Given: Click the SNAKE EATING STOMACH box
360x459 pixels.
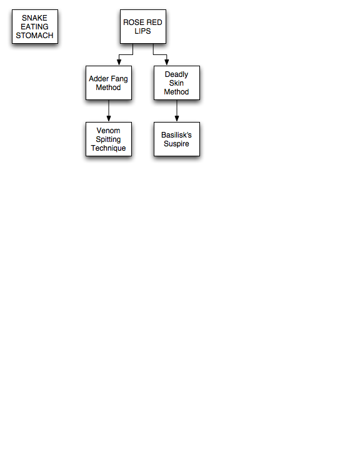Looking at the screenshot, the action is coord(35,27).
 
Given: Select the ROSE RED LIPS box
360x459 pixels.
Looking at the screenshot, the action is coord(143,27).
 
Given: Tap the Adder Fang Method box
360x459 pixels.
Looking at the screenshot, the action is coord(109,83).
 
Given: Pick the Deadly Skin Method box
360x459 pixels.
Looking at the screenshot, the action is coord(177,83).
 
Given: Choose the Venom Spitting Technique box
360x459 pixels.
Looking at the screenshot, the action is coord(109,139).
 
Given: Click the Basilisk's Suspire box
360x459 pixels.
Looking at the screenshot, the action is coord(177,139).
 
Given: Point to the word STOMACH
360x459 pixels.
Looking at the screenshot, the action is coord(34,36).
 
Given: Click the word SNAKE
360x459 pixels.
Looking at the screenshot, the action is coord(34,18).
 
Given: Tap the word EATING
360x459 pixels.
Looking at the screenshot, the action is coord(34,27).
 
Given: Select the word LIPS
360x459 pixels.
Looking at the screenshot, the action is coord(142,31).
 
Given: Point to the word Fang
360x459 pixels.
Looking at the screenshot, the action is coord(119,79).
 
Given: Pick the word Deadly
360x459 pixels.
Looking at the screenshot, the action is coord(176,74).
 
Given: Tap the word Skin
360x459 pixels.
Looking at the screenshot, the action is coord(176,83).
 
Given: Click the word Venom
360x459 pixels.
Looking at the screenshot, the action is coord(108,131).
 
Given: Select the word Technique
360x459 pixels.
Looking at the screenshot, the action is coord(108,148).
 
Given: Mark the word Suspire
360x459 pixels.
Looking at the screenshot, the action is coord(176,144).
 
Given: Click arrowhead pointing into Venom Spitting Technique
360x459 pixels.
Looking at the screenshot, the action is coord(109,119).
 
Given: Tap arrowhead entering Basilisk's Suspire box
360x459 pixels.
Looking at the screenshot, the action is coord(177,119).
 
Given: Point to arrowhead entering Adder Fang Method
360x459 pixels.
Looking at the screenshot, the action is coord(119,62).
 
